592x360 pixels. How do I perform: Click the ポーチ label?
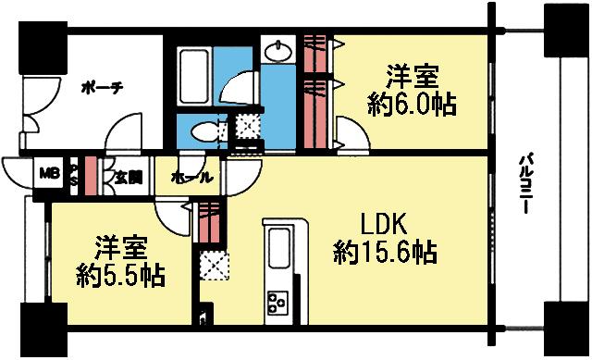click(x=103, y=87)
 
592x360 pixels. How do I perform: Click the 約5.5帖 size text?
click(x=119, y=274)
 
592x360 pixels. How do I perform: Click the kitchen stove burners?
click(x=277, y=301)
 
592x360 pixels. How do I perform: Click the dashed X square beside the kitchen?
click(x=211, y=266)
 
